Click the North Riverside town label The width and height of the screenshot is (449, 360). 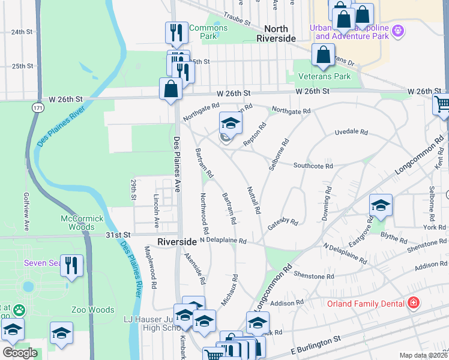click(x=276, y=34)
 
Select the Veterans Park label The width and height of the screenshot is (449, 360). click(x=325, y=77)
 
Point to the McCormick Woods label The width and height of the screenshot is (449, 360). click(x=82, y=223)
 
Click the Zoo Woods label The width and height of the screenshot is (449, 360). click(x=92, y=310)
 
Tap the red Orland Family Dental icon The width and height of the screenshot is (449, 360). click(x=412, y=303)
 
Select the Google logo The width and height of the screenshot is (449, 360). click(x=20, y=353)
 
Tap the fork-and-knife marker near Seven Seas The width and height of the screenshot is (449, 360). click(x=71, y=265)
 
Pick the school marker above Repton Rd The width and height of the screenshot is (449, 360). click(x=231, y=124)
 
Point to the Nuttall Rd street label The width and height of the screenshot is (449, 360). click(x=254, y=199)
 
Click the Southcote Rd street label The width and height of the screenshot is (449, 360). click(x=313, y=166)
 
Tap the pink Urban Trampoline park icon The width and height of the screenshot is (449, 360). click(x=397, y=30)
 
